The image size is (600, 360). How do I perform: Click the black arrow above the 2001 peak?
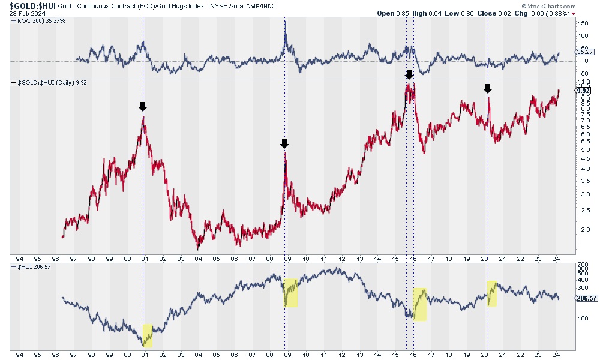coord(142,107)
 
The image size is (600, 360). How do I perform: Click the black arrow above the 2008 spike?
coord(284,143)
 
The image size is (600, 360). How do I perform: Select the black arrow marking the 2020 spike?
coord(488,89)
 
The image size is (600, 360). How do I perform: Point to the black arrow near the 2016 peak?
coord(409,74)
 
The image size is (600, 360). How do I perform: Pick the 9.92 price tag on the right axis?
coord(583,91)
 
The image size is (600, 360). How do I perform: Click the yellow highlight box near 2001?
coord(148,336)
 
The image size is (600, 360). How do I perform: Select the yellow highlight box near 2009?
coord(290,293)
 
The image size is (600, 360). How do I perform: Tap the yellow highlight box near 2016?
coord(419,304)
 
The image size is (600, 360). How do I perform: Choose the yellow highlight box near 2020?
coord(492,293)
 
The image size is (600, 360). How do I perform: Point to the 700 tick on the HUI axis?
coord(581,265)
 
